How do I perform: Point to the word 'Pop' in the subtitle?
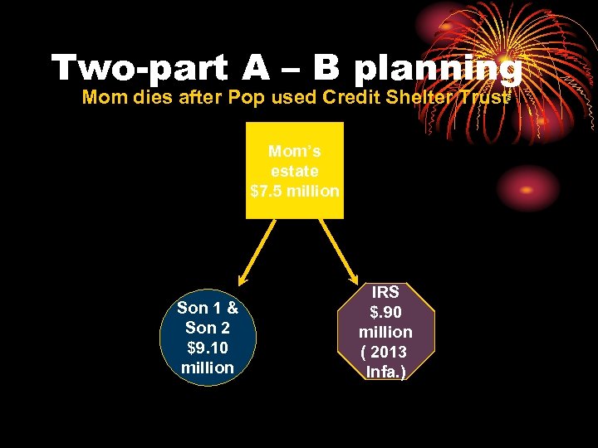tap(249, 97)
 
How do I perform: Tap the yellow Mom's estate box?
tap(294, 170)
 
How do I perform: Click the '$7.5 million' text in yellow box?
tap(294, 191)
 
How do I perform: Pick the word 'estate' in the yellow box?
tap(294, 171)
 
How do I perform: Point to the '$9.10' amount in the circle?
tap(207, 348)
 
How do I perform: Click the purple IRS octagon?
tap(385, 332)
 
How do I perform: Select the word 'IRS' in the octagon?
tap(385, 292)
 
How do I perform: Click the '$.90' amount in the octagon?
tap(385, 312)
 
